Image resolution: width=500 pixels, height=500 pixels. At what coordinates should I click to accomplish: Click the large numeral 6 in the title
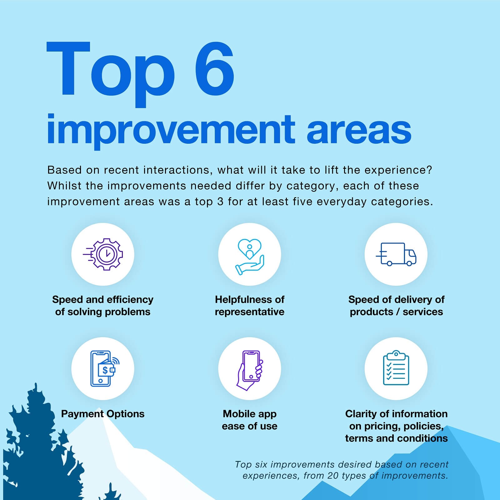214,68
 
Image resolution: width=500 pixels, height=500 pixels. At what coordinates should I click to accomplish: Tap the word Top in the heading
110,74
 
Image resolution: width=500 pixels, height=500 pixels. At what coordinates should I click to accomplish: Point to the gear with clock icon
103,254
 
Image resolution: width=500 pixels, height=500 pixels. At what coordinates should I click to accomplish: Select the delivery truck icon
396,254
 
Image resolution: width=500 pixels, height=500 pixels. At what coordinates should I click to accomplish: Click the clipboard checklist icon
396,368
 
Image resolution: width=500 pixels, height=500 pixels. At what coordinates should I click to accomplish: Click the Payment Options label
103,414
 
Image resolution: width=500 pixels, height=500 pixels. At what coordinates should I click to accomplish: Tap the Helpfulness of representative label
250,306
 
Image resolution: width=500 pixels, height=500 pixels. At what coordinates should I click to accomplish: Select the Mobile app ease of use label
250,420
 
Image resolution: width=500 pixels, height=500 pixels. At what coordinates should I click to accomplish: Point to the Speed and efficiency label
103,306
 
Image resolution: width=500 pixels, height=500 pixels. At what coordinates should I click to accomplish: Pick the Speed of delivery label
396,306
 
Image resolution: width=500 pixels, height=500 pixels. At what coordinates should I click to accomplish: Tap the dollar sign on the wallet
105,370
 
